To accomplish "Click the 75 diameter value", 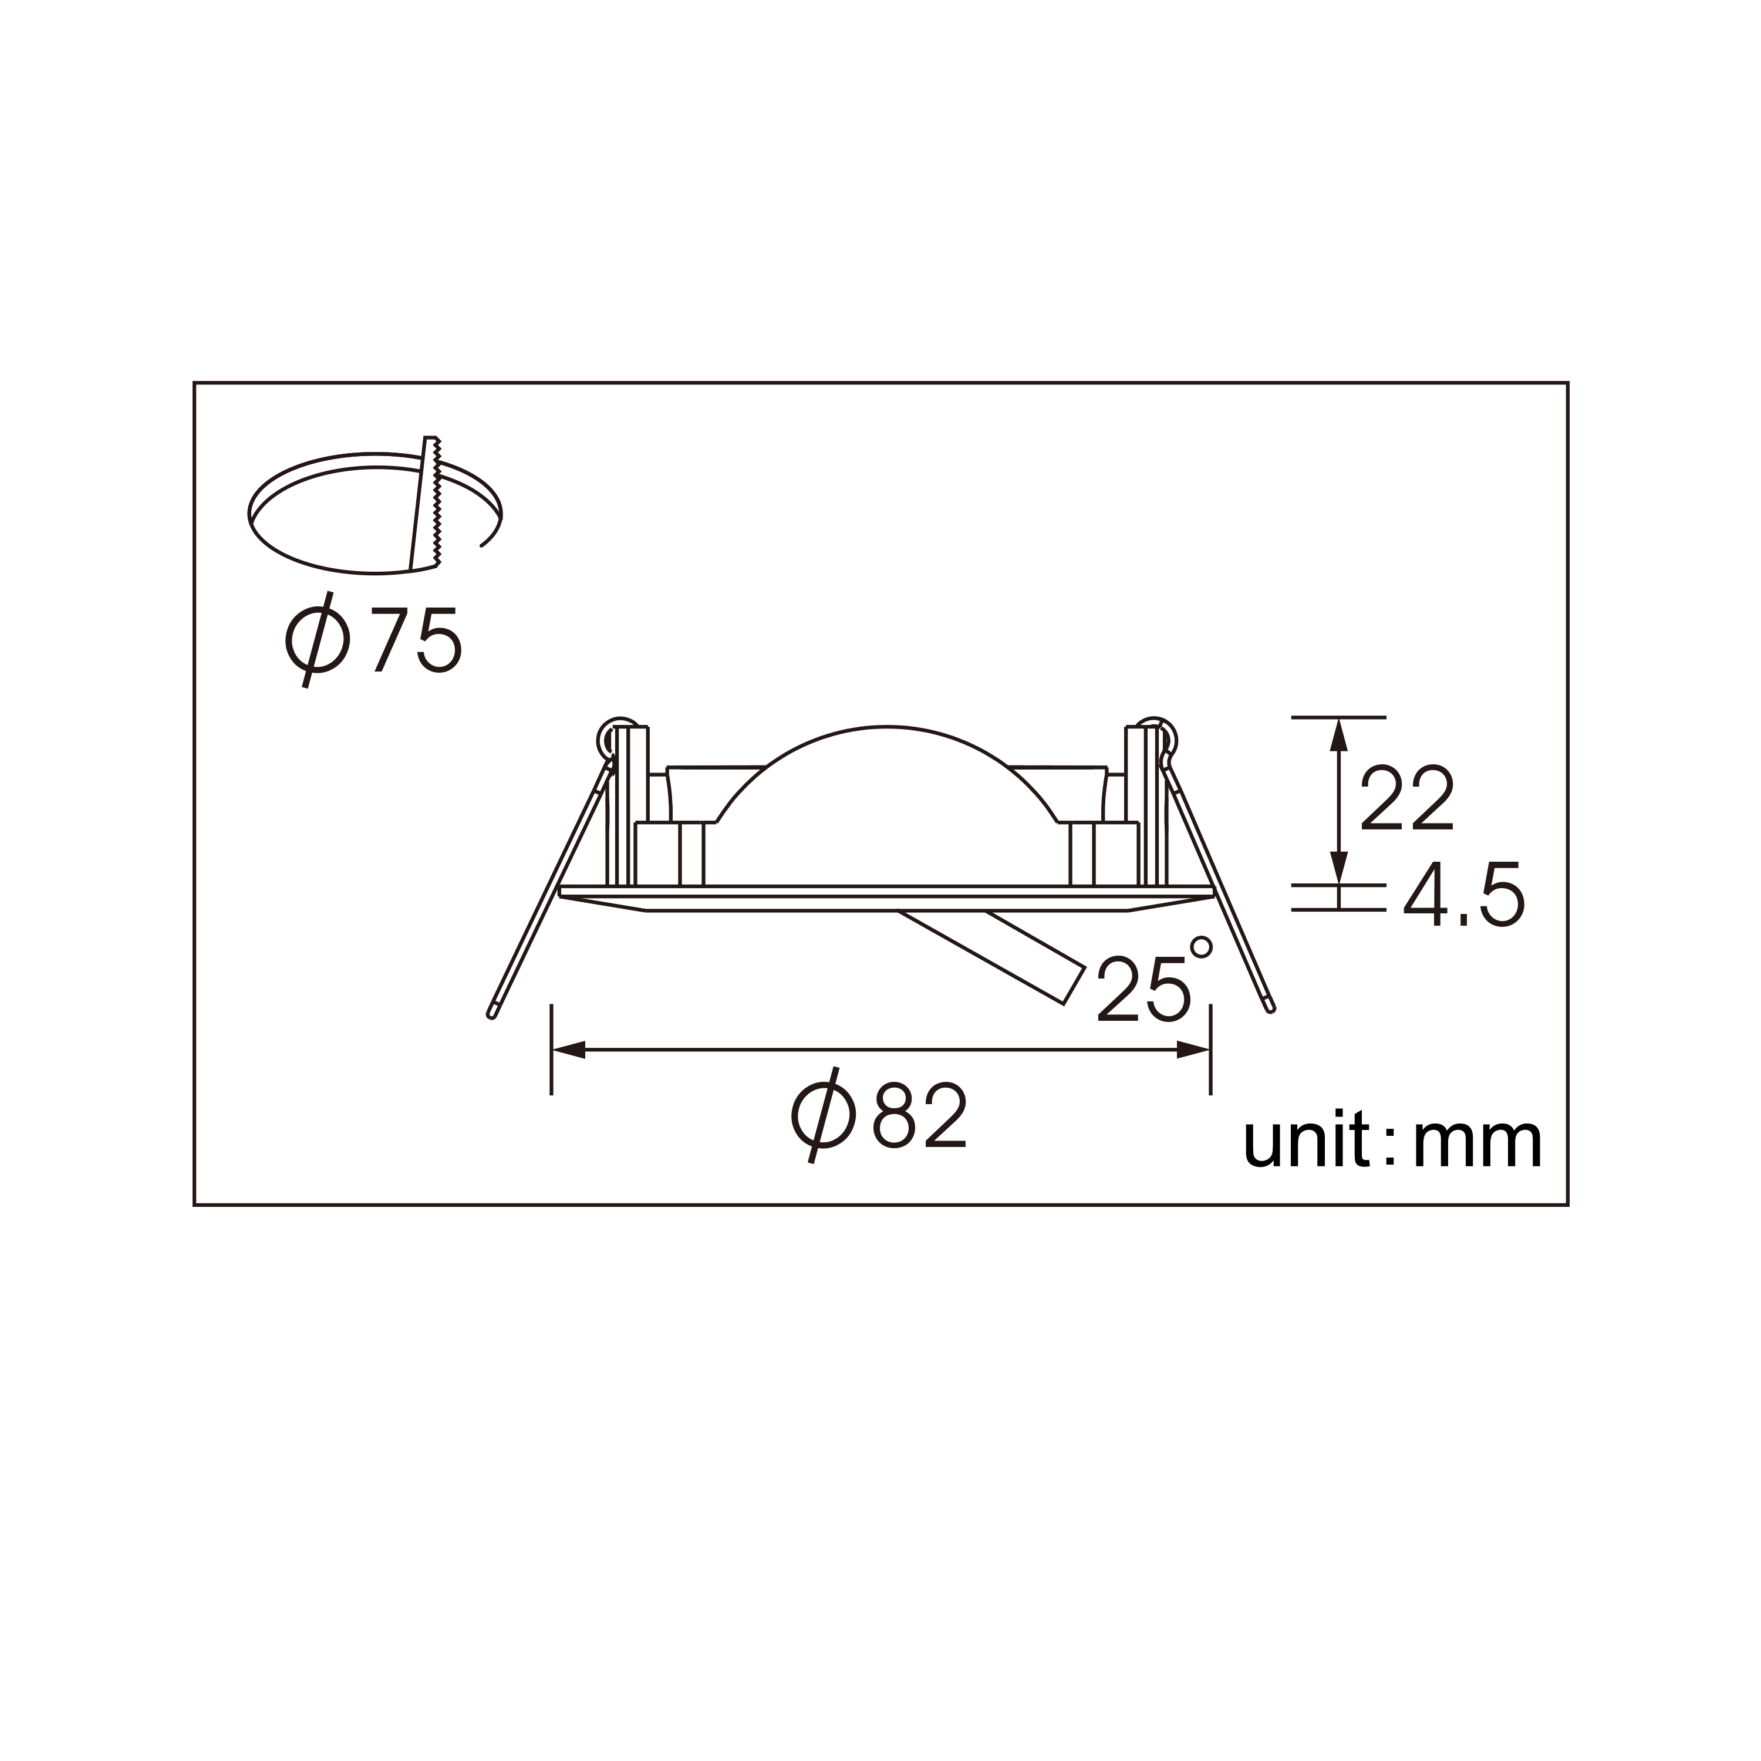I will point(417,643).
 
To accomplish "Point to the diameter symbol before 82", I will point(822,1118).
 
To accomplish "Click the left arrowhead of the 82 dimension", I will point(568,1051).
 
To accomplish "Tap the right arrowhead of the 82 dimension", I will point(1193,1051).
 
